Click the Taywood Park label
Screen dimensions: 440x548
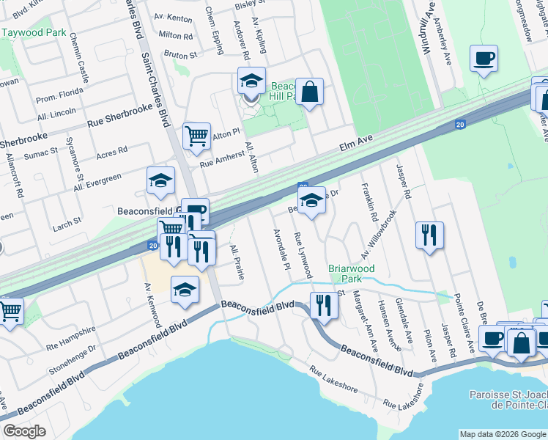34,33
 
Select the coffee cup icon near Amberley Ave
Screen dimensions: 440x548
484,59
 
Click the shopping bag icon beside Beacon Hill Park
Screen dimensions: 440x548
310,92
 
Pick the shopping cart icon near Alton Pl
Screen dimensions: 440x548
196,136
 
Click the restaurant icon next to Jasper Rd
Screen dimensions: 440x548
429,235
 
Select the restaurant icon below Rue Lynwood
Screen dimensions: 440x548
323,304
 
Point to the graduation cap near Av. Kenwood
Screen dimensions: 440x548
185,290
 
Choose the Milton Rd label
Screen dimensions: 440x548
175,35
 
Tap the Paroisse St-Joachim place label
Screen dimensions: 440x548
508,400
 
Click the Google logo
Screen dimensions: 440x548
24,431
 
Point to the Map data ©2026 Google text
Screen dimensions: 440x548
503,434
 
